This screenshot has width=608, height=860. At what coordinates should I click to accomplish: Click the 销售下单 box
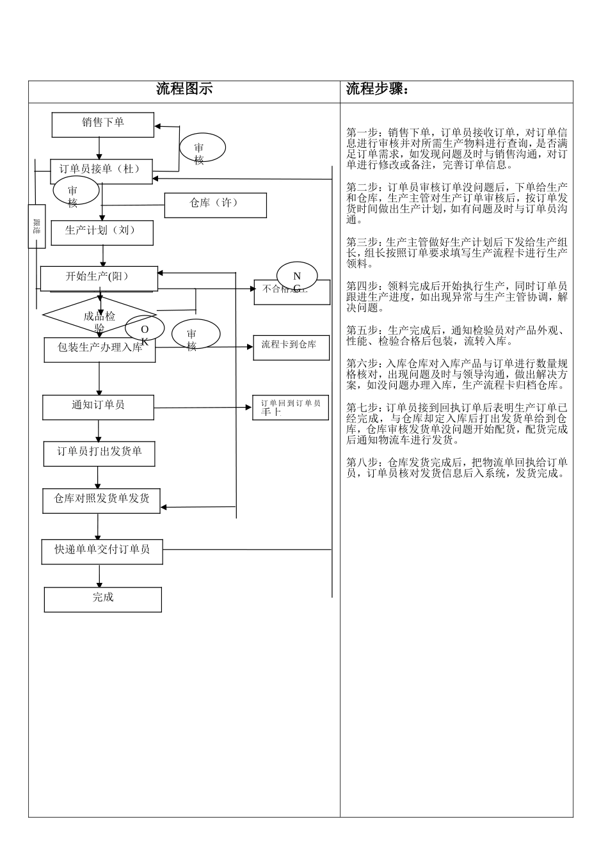102,124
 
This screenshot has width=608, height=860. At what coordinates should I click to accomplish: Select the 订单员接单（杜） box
101,171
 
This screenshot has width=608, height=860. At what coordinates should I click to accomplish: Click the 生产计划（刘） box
101,232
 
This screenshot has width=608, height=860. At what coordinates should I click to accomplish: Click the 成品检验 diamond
99,316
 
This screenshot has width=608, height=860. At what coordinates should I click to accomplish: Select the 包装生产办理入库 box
99,349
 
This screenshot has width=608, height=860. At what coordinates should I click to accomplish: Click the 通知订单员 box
98,407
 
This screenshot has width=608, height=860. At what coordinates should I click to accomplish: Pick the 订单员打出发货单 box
99,453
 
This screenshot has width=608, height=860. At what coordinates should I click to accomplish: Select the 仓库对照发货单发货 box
101,500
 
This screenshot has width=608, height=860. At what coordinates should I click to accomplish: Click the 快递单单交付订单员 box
102,551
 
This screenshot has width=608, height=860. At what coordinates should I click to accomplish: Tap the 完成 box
102,600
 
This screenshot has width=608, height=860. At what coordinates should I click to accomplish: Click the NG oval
297,276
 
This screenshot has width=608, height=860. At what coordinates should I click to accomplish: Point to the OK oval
145,329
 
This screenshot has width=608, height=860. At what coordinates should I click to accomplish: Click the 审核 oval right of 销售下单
201,148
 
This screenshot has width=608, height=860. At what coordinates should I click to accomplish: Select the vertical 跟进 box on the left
36,226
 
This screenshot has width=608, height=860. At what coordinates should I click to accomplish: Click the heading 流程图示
184,90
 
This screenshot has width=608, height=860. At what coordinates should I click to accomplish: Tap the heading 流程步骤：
378,90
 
